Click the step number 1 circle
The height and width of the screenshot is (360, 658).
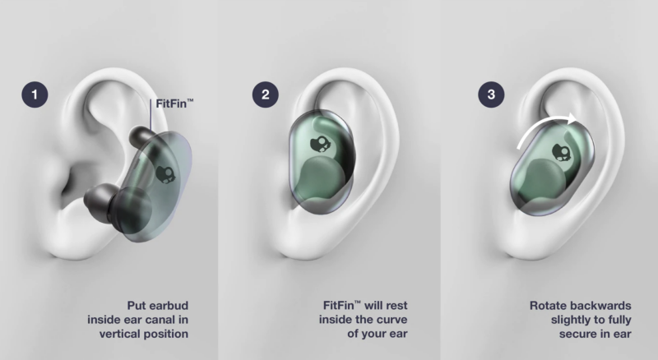[x=35, y=95]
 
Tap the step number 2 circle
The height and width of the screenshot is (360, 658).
[x=265, y=95]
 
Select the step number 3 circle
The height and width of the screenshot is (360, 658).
[x=491, y=95]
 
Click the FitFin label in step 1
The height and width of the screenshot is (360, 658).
[x=174, y=104]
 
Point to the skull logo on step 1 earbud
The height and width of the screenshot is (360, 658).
[x=166, y=174]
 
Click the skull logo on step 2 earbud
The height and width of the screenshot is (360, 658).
[x=320, y=145]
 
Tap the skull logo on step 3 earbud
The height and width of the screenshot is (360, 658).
[x=562, y=152]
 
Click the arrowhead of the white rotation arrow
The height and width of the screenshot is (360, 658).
[x=572, y=118]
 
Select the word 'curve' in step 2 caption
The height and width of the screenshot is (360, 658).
[x=392, y=320]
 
